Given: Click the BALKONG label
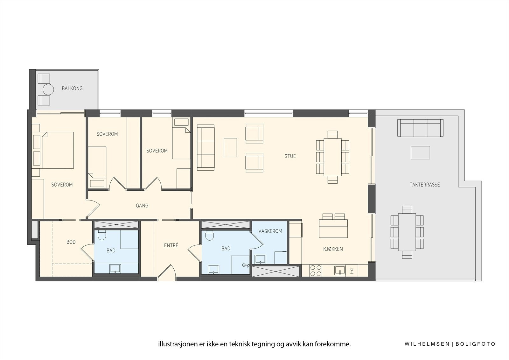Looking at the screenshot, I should point(72,88).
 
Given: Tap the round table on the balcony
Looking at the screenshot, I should point(48,89).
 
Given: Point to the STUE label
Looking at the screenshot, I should point(290,156).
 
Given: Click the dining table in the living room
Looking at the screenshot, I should point(332,157).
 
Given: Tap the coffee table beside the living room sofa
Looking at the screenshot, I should point(230,147).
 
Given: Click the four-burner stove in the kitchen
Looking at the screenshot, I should point(316,271).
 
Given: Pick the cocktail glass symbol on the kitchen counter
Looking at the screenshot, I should point(352,271).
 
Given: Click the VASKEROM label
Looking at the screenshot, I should point(270,231).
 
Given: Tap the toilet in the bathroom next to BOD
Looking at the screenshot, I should point(102,235).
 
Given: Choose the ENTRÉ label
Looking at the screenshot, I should point(171,245).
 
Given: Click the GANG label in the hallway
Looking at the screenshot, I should point(142,206).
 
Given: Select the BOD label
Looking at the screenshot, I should point(71,242).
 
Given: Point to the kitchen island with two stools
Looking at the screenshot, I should point(333,228).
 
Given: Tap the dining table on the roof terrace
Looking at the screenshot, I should point(407,232).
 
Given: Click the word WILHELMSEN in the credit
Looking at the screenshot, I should point(427,344).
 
